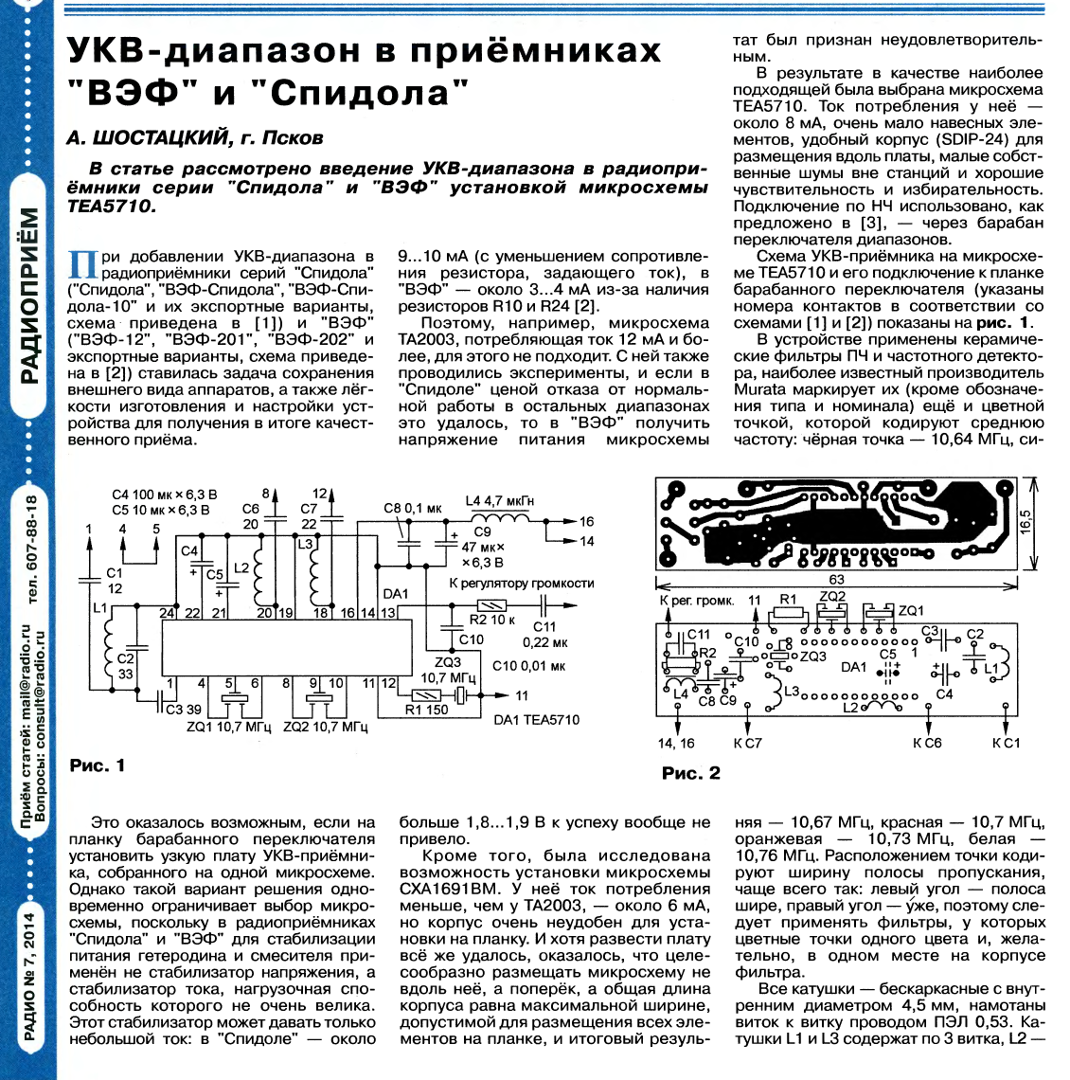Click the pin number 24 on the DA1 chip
[x=168, y=614]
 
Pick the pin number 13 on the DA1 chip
[x=387, y=614]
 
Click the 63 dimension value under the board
[x=835, y=579]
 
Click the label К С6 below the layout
[x=927, y=743]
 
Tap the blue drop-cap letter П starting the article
[x=84, y=263]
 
